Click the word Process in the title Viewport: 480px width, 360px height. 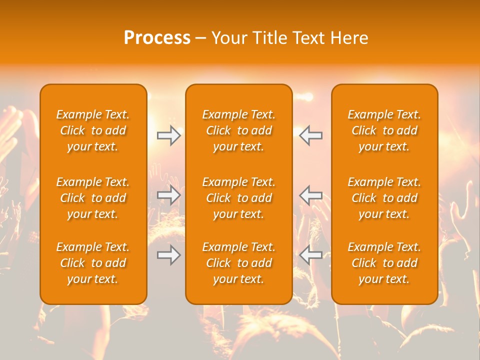tap(157, 38)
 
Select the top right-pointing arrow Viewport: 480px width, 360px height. tap(168, 135)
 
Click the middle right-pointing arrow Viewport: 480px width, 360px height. tap(168, 195)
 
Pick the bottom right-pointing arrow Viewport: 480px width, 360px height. tap(168, 255)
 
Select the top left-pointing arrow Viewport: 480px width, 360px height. tap(311, 135)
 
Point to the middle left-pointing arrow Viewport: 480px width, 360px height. tap(311, 195)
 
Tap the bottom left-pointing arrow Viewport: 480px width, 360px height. tap(311, 255)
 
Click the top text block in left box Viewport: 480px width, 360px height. tap(93, 130)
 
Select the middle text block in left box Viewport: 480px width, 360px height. tap(93, 198)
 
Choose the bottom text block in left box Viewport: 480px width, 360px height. tap(93, 263)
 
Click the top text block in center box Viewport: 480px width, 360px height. tap(239, 130)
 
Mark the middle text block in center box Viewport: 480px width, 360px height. tap(239, 198)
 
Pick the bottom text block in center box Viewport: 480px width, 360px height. tap(239, 263)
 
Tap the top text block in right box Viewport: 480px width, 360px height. tap(384, 130)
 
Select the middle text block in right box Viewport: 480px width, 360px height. tap(384, 198)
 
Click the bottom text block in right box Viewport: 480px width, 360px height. tap(384, 263)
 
